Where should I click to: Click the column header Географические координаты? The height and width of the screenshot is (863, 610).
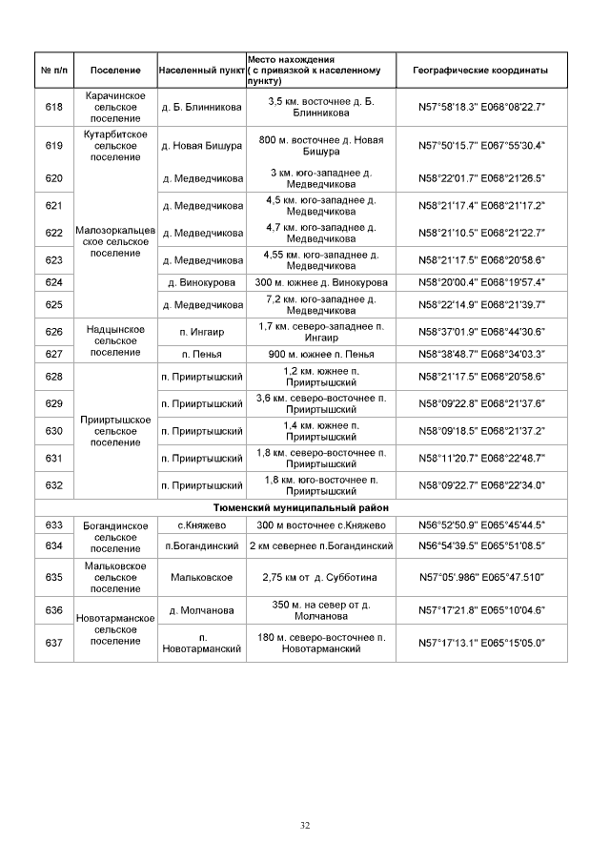click(x=481, y=71)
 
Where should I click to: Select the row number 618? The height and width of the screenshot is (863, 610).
click(x=53, y=106)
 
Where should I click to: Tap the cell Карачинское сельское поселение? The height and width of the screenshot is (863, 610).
click(x=114, y=106)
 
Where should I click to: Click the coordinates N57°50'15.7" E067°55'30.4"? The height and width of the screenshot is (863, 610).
click(x=481, y=145)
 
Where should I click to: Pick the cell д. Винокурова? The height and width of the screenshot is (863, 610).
click(x=201, y=282)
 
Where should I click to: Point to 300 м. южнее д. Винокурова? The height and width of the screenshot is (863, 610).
click(x=321, y=282)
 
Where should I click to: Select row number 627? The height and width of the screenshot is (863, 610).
click(x=53, y=354)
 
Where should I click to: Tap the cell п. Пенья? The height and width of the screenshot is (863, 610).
click(x=201, y=354)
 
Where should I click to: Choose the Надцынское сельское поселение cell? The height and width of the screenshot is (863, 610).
click(x=114, y=340)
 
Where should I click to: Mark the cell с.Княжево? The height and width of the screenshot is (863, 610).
click(x=201, y=524)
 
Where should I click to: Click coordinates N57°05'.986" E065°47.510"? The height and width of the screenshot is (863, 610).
click(x=481, y=577)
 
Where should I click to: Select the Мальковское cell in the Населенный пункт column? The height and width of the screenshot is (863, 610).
click(x=201, y=577)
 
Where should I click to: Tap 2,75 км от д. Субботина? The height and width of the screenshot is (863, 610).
click(x=321, y=577)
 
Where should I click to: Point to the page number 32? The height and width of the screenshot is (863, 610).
click(x=305, y=825)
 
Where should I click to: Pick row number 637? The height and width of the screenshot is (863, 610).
click(x=53, y=643)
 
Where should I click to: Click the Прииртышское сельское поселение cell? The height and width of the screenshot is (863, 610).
click(x=114, y=430)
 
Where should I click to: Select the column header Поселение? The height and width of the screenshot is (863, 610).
click(x=114, y=71)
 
